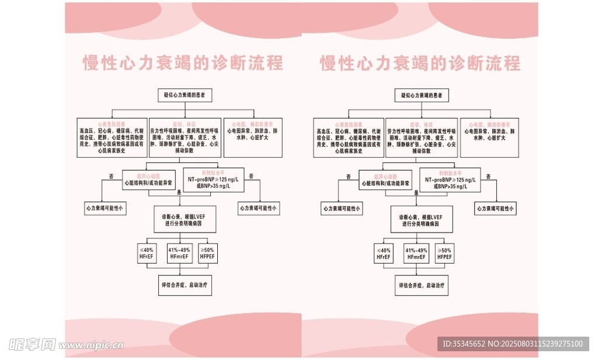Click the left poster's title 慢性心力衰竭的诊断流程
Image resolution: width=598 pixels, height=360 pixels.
click(183, 63)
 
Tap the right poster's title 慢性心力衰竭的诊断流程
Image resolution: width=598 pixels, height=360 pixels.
click(420, 63)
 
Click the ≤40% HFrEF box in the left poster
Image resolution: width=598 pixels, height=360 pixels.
click(146, 252)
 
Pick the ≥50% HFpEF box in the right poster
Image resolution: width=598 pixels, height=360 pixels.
click(445, 252)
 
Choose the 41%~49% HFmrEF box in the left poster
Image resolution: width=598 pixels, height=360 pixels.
click(179, 252)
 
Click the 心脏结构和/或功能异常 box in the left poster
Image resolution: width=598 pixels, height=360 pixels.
click(148, 180)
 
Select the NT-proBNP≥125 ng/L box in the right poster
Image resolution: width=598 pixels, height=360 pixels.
click(450, 180)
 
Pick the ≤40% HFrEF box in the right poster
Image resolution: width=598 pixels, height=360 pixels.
click(383, 252)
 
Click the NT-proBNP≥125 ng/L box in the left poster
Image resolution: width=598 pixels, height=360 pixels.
click(213, 180)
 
